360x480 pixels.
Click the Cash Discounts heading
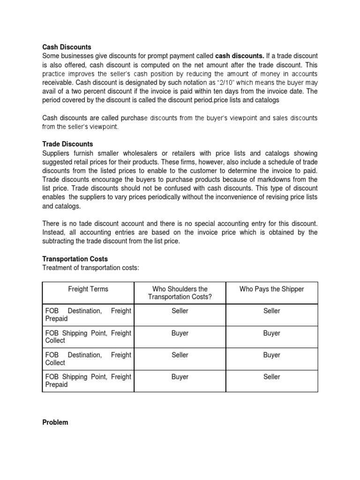(x=67, y=47)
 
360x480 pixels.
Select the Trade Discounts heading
(x=67, y=144)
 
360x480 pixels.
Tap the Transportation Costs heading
(x=75, y=259)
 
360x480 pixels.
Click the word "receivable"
(x=58, y=83)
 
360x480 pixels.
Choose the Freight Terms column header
(x=88, y=289)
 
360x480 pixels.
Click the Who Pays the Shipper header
(x=271, y=289)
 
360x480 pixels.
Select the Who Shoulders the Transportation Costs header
(x=180, y=293)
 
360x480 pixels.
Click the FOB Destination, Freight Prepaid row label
(x=88, y=315)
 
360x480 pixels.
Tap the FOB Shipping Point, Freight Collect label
(x=88, y=337)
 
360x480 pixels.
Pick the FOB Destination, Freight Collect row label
(x=88, y=359)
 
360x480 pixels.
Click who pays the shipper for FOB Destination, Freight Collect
(x=271, y=355)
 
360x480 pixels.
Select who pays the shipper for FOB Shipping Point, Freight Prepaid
(x=271, y=377)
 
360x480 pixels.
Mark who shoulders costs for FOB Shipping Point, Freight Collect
(x=180, y=333)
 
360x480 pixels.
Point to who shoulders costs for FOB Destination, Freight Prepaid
(x=180, y=311)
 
